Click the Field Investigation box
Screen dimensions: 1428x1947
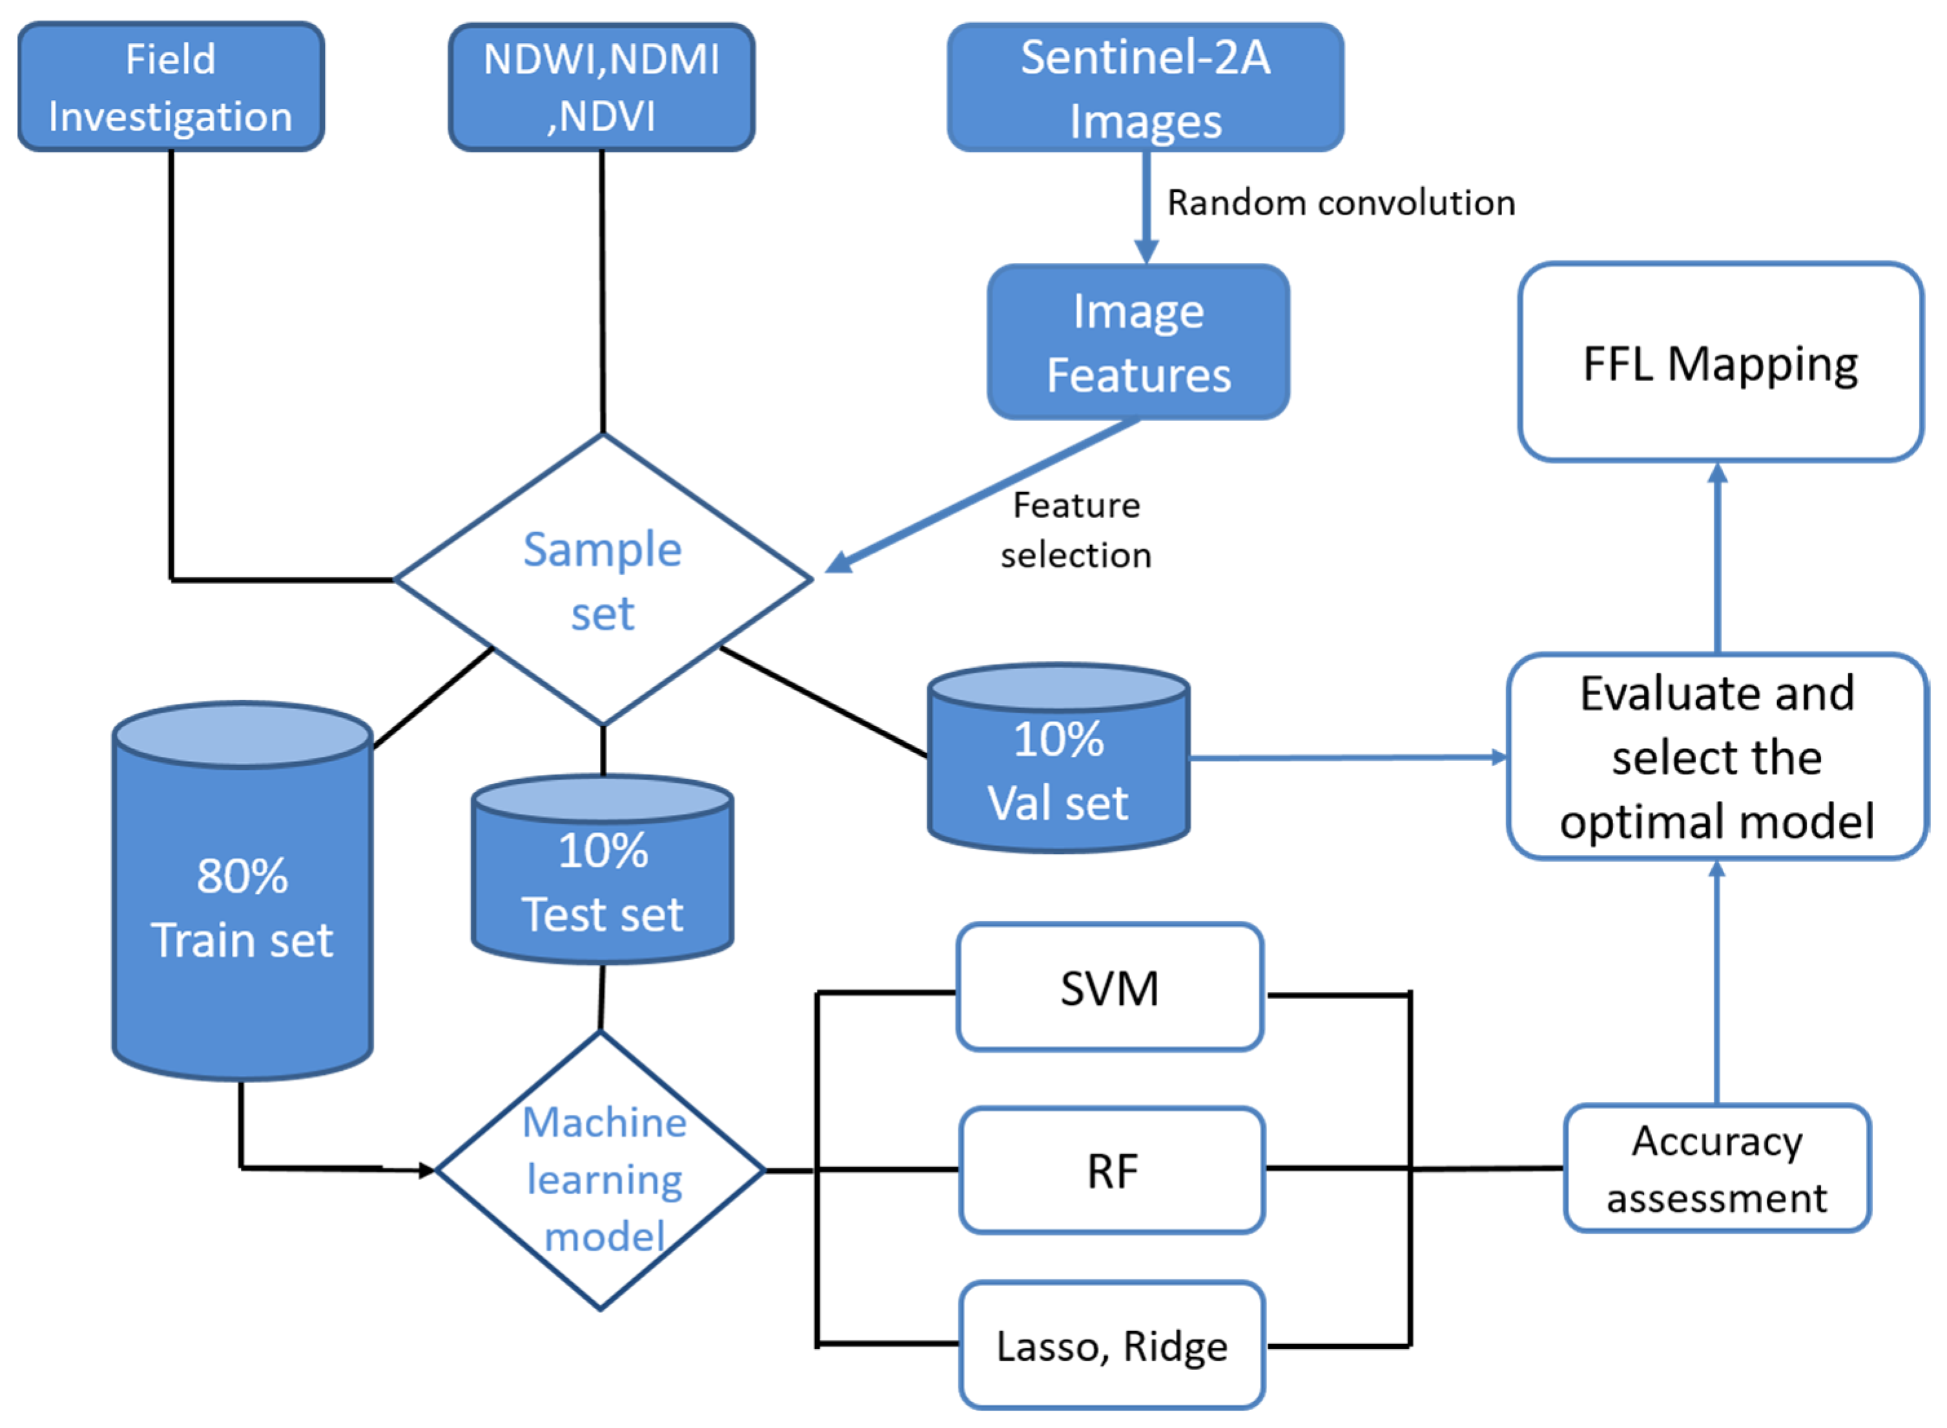click(x=170, y=87)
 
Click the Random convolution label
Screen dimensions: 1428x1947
click(x=1341, y=203)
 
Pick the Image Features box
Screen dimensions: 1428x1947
click(x=1138, y=342)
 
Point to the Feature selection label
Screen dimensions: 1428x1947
click(x=1076, y=530)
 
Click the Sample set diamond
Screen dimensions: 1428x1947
click(x=603, y=580)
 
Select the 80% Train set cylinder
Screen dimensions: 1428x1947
click(x=243, y=907)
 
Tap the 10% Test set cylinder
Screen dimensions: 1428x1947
click(x=603, y=882)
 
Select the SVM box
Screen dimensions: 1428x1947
click(x=1109, y=988)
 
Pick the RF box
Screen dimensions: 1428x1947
click(x=1111, y=1172)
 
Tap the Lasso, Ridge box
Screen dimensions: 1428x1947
click(x=1111, y=1346)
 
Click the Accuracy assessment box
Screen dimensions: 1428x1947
click(x=1716, y=1168)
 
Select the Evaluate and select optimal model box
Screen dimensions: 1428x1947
click(x=1716, y=757)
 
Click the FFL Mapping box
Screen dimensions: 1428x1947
click(x=1720, y=363)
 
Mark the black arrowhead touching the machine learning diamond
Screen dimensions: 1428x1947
click(x=427, y=1172)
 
